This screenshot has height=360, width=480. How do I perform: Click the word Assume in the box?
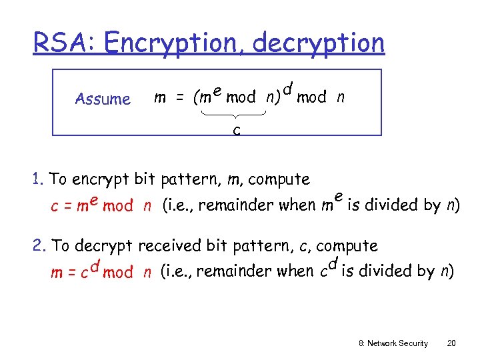103,99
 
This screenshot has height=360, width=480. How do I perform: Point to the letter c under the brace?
236,129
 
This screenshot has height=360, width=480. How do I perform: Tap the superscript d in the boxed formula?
287,87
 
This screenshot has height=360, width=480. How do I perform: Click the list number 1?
37,179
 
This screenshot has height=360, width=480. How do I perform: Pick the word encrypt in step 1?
100,179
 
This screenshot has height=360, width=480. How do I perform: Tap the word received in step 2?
171,245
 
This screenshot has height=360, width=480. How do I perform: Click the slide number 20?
451,343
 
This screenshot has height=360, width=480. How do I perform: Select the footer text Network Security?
398,343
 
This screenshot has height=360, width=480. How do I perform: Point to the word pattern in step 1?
189,179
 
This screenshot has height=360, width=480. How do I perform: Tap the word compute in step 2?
347,246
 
